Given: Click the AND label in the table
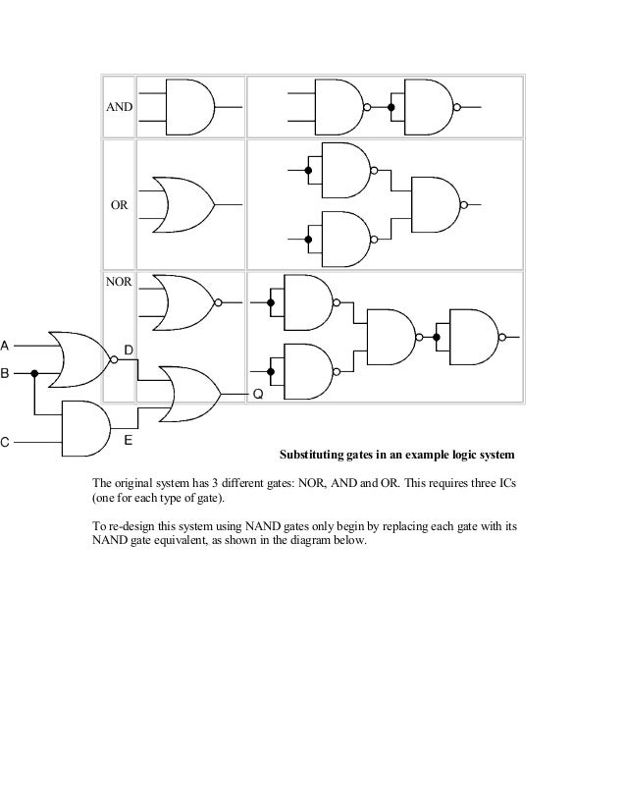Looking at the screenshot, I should click(x=120, y=105).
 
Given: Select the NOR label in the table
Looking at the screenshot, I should click(x=118, y=281).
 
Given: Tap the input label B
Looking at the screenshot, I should click(x=5, y=374).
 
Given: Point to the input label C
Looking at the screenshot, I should click(x=5, y=442).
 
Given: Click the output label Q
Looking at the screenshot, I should click(x=258, y=394).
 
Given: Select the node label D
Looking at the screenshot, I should click(x=128, y=351).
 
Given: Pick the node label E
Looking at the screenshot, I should click(x=128, y=441).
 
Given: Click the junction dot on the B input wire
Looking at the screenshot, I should click(x=35, y=373).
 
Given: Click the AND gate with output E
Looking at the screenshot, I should click(x=84, y=428).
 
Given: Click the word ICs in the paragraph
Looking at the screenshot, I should click(x=503, y=484).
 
